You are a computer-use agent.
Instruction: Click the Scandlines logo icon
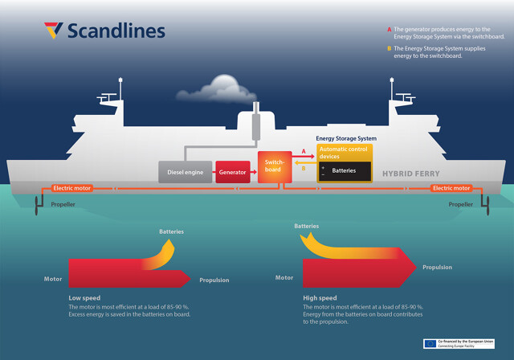53,31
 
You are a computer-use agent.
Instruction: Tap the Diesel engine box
185,172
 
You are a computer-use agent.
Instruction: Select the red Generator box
233,172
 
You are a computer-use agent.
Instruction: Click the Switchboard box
273,166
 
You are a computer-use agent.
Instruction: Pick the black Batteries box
345,170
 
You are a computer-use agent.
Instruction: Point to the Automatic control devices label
345,152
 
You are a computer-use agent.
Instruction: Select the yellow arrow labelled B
302,169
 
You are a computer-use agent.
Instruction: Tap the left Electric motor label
72,188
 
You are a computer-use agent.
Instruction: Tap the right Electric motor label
451,188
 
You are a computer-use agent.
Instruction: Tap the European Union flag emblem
430,343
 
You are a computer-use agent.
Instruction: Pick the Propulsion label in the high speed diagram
437,267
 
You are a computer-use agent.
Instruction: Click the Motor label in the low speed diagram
53,279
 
